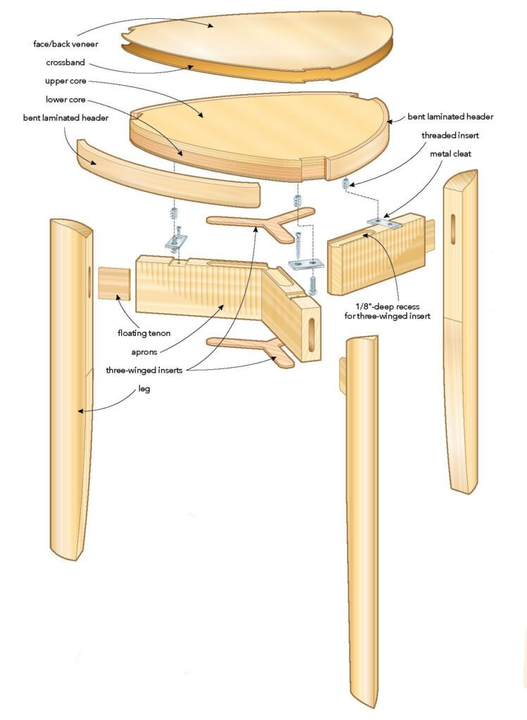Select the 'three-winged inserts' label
pos(145,368)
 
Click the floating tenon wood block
pos(115,282)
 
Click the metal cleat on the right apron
pos(383,223)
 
